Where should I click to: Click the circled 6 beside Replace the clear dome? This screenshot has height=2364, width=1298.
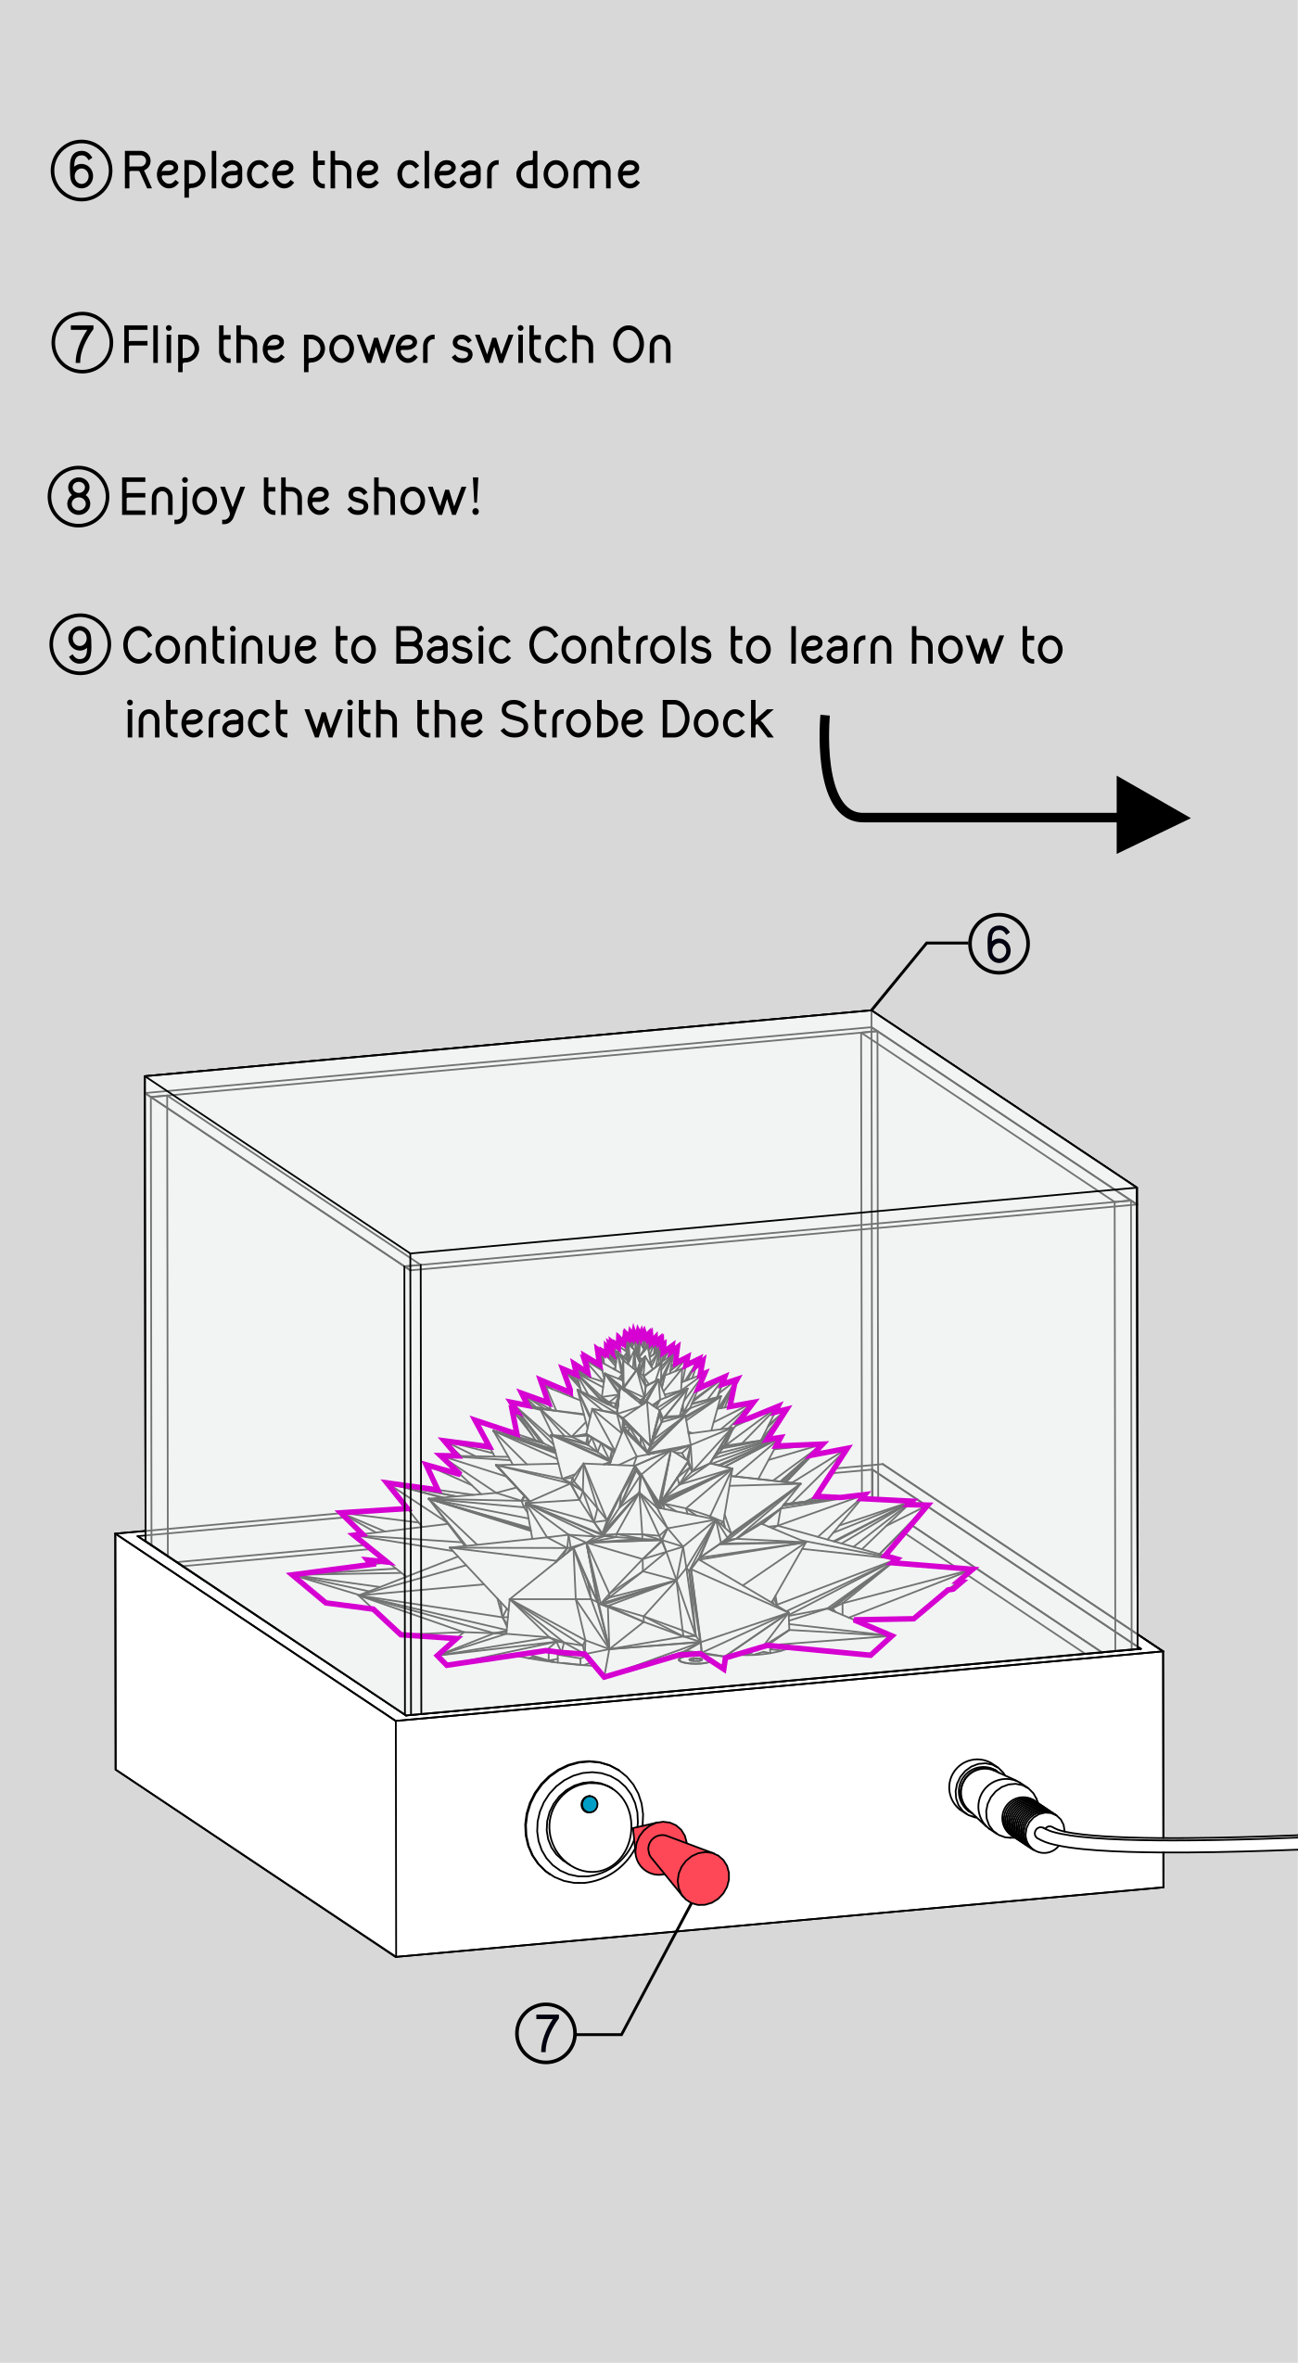click(x=82, y=171)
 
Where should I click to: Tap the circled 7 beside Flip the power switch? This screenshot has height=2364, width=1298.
click(x=82, y=343)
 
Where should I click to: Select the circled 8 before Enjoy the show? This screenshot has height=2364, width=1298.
click(x=79, y=496)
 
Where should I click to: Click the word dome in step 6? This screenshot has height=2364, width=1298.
click(x=578, y=171)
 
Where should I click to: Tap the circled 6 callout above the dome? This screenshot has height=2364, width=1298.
click(x=999, y=944)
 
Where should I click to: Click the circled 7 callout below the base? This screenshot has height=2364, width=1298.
click(x=545, y=2033)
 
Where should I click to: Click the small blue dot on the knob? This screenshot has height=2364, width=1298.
click(x=589, y=1804)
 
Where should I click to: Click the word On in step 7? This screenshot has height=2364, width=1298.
click(x=642, y=345)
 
